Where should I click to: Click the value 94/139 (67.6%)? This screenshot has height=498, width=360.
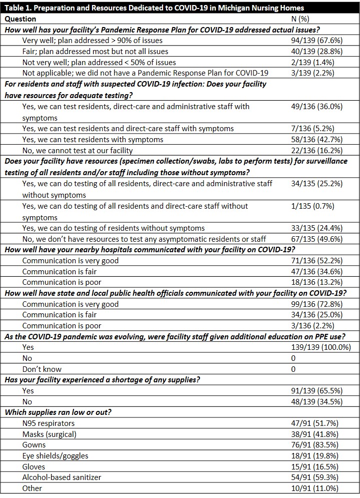(316, 41)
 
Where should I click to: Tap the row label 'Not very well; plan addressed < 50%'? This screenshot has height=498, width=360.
(99, 63)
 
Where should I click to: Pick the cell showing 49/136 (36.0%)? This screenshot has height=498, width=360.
(316, 106)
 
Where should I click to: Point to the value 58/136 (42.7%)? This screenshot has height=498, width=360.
(316, 139)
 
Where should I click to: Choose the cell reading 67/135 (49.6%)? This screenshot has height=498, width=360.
(316, 239)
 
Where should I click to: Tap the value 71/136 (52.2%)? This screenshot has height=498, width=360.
(316, 260)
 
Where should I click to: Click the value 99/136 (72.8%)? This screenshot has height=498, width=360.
(316, 304)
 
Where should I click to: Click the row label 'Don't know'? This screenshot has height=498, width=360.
(42, 369)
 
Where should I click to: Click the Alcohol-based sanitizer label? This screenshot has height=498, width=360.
(62, 477)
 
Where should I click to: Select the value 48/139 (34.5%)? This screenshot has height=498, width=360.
(316, 401)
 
